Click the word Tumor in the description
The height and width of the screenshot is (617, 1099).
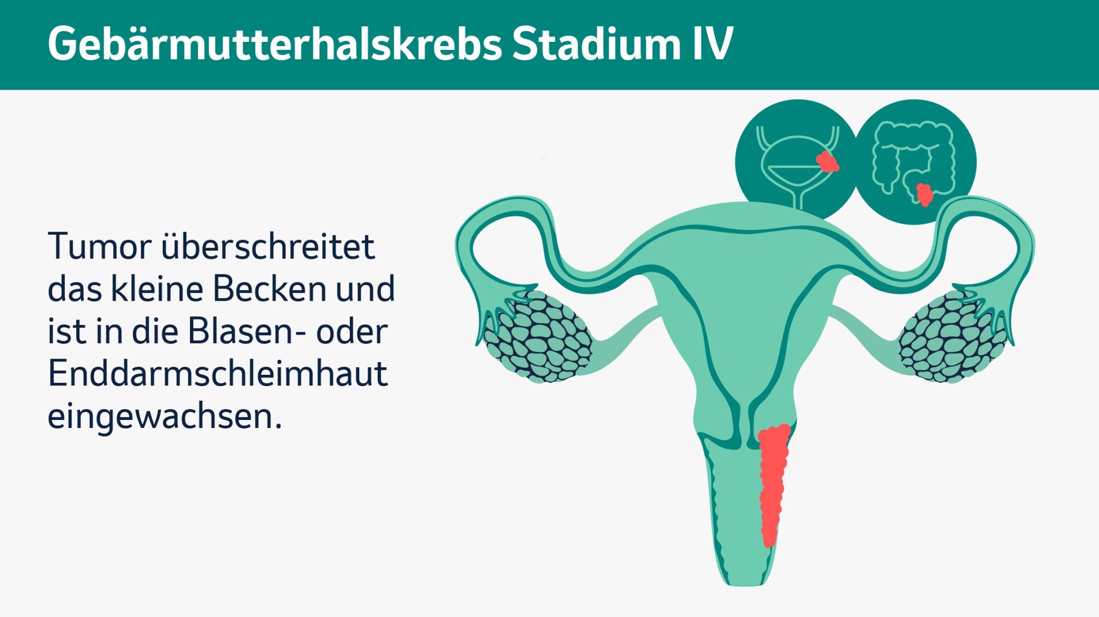pyautogui.click(x=100, y=246)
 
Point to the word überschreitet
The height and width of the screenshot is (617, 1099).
pyautogui.click(x=268, y=246)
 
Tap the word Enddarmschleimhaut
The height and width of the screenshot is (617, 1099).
pyautogui.click(x=217, y=374)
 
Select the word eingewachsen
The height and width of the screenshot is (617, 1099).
pyautogui.click(x=164, y=416)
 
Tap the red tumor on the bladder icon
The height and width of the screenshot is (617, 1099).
pyautogui.click(x=827, y=162)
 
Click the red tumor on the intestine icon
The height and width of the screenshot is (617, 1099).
pyautogui.click(x=924, y=194)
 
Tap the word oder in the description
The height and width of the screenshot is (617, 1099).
pyautogui.click(x=351, y=331)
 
